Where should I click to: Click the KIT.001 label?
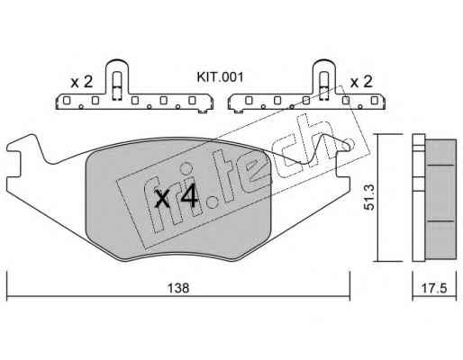(220, 77)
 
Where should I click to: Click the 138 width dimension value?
(178, 288)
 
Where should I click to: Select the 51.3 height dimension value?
(369, 197)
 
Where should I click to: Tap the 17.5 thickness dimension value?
(434, 288)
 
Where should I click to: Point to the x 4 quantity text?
(177, 196)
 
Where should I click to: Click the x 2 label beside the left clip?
(81, 82)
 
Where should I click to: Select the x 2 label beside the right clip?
(361, 81)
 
